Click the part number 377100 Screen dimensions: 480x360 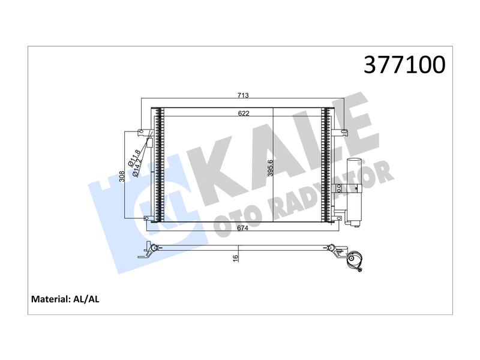(x=404, y=65)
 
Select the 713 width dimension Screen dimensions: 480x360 (x=243, y=95)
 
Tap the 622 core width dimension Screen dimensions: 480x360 (x=244, y=113)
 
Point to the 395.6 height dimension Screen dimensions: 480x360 (x=270, y=168)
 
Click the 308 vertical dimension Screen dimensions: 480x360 (x=122, y=176)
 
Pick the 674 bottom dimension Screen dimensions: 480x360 (x=243, y=228)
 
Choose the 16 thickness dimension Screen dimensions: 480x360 (x=235, y=258)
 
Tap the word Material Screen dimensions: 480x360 (x=51, y=299)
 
